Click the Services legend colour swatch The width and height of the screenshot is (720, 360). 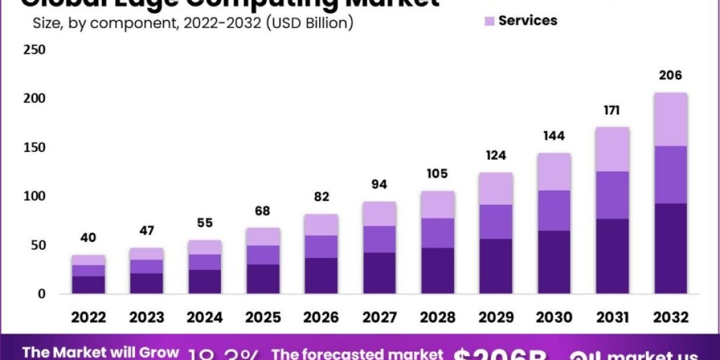[489, 21]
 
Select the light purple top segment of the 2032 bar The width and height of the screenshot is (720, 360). [670, 119]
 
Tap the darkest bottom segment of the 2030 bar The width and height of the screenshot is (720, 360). [554, 262]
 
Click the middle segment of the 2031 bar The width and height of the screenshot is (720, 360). [612, 195]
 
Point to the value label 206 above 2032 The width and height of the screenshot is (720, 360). [670, 76]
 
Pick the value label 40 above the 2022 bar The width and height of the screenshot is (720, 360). [88, 238]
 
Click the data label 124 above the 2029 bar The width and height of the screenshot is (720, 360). [496, 155]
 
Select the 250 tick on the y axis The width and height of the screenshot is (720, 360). [34, 50]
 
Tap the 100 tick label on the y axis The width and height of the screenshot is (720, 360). [34, 196]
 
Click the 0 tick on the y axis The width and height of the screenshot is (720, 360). [41, 294]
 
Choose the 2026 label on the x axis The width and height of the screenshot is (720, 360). [321, 317]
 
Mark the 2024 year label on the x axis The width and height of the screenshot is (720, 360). [205, 317]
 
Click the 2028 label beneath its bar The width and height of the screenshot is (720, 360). [437, 317]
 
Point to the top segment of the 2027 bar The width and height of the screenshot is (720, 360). [379, 214]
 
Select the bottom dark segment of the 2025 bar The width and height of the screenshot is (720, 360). [263, 279]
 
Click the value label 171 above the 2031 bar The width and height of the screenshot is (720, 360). [612, 110]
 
